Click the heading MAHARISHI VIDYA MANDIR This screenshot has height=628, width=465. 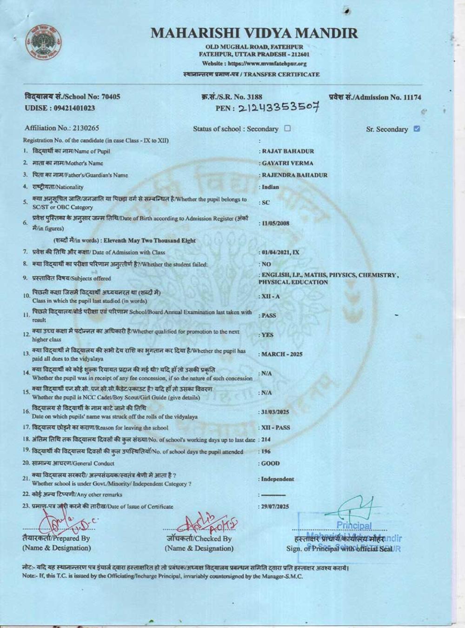click(x=254, y=33)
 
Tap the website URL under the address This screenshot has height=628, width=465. click(x=254, y=64)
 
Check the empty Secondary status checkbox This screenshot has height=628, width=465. click(x=287, y=128)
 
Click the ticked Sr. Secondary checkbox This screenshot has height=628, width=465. click(x=417, y=129)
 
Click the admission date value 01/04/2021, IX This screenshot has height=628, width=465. click(x=280, y=252)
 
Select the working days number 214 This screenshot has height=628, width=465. click(x=266, y=440)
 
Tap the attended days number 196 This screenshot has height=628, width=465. click(x=266, y=452)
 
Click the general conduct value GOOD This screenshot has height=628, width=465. click(x=271, y=464)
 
